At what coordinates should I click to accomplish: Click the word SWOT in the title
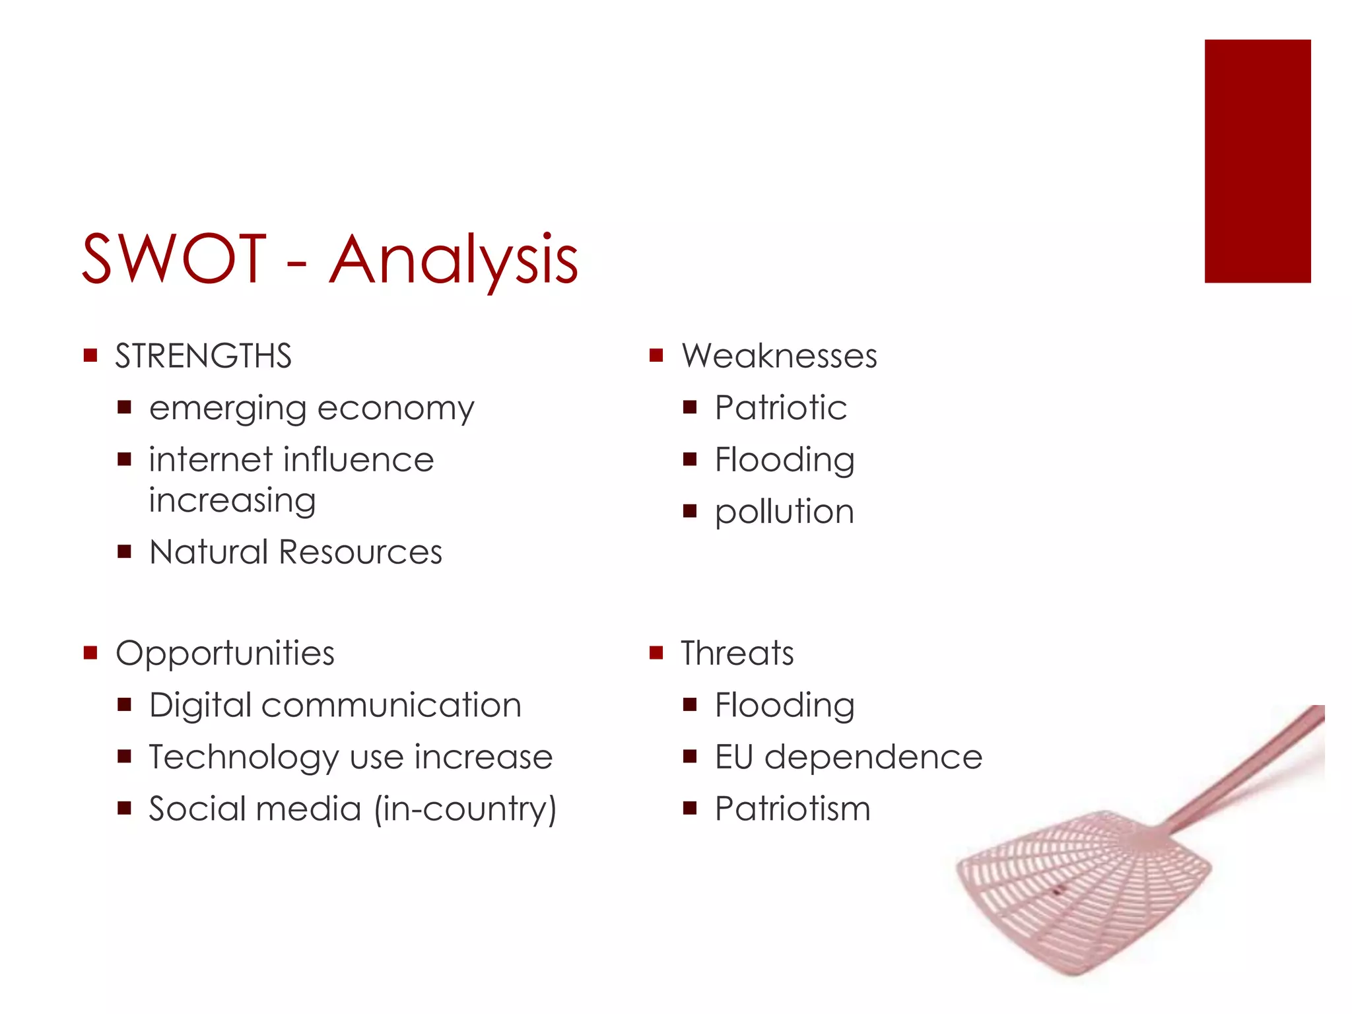coord(174,259)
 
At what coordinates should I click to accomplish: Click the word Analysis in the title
coord(454,260)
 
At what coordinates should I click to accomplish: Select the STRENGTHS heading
coord(203,356)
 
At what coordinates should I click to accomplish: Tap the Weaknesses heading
coord(779,356)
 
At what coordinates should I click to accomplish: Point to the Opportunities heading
coord(225,654)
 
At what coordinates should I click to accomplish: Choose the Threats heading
coord(737,654)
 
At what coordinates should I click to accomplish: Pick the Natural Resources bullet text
coord(296,552)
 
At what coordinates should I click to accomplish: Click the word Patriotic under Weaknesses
coord(781,407)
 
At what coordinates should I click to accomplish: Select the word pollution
coord(784,512)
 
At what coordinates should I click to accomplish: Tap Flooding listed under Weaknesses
coord(784,460)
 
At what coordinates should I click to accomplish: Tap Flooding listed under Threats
coord(784,706)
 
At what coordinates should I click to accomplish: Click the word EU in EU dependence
coord(733,757)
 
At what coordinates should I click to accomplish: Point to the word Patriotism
coord(792,809)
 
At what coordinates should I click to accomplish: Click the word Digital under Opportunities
coord(201,706)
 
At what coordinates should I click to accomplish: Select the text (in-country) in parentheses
coord(465,809)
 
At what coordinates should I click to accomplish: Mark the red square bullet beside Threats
coord(656,654)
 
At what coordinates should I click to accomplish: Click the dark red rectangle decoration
coord(1257,161)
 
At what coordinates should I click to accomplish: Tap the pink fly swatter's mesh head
coord(1083,891)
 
